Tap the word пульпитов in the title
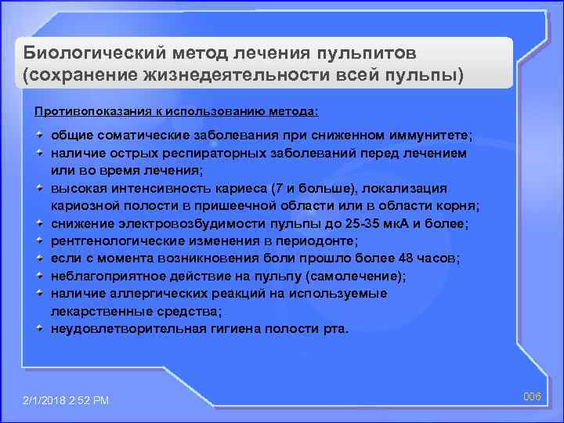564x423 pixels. [364, 53]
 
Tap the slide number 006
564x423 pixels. [533, 396]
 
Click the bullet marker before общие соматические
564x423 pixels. [38, 136]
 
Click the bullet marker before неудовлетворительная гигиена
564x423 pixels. [38, 329]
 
